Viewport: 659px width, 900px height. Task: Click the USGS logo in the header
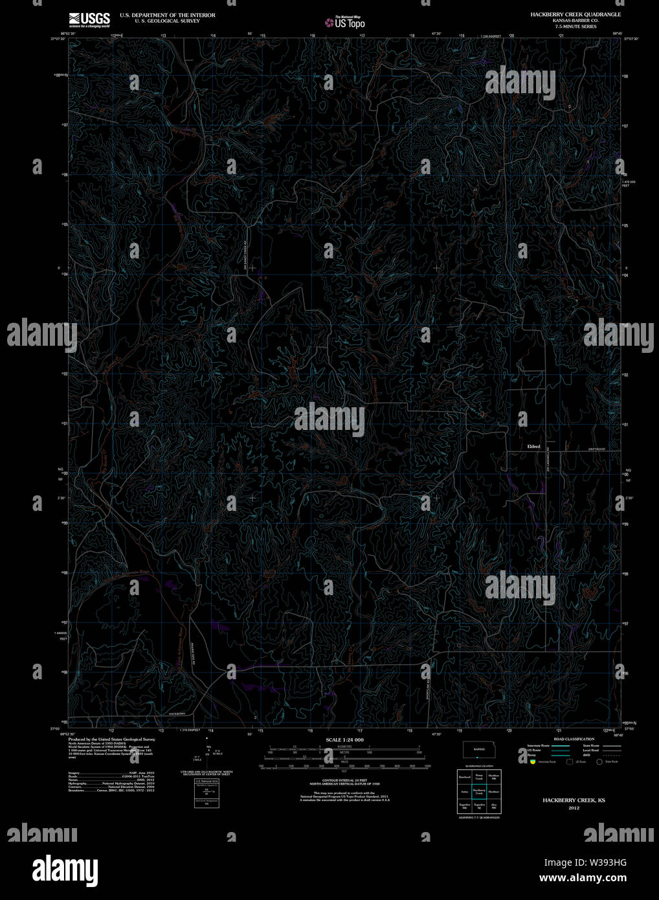click(x=89, y=18)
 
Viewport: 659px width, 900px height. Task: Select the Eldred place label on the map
click(x=533, y=446)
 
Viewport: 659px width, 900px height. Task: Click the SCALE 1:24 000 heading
click(x=344, y=739)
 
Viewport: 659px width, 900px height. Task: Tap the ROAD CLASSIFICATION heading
click(x=574, y=739)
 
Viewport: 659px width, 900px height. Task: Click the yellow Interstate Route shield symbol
click(x=532, y=762)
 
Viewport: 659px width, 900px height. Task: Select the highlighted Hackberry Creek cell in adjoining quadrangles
click(x=478, y=791)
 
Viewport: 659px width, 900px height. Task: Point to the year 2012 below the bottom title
click(x=574, y=808)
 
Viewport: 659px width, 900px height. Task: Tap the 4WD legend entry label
click(x=586, y=755)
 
